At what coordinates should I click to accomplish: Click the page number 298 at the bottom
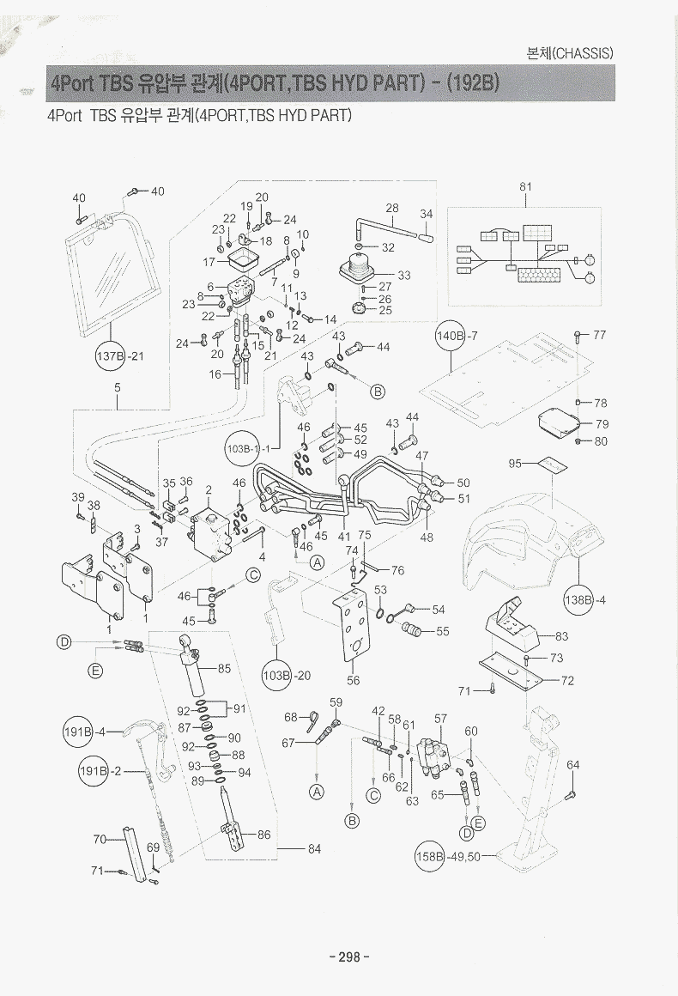tap(348, 957)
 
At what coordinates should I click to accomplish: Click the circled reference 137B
tap(110, 355)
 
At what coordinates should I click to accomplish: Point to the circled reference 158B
tap(430, 856)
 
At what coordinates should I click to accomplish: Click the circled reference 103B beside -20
tap(277, 675)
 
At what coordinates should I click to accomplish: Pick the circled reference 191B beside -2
tap(94, 771)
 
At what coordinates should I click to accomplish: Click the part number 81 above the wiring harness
tap(526, 186)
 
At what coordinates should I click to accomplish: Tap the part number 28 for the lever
tap(392, 208)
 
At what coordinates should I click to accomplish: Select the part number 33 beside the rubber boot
tap(403, 275)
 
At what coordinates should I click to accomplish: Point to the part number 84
tap(314, 849)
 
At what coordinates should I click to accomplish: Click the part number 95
tap(515, 464)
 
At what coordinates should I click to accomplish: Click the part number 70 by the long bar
tap(100, 839)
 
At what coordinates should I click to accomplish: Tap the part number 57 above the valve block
tap(440, 718)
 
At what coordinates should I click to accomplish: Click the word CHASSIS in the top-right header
tap(582, 52)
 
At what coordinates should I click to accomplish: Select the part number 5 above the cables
tap(117, 386)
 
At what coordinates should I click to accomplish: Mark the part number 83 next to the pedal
tap(562, 636)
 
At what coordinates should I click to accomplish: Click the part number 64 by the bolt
tap(573, 764)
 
